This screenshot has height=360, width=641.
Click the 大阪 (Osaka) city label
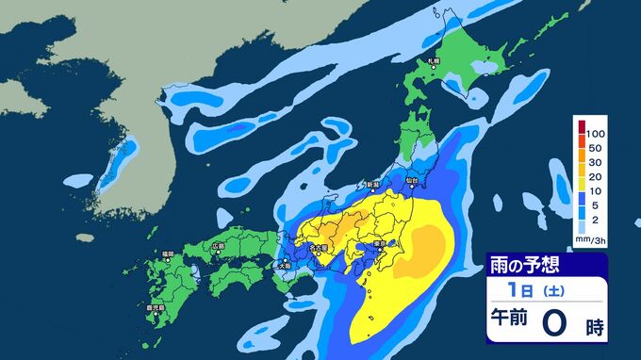(x=284, y=267)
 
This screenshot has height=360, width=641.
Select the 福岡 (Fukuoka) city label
(x=167, y=254)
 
